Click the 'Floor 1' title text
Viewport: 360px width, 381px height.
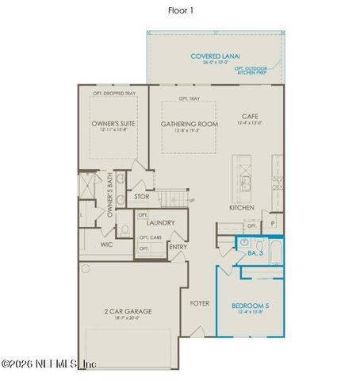pyautogui.click(x=179, y=10)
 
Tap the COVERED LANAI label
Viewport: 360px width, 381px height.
pyautogui.click(x=214, y=56)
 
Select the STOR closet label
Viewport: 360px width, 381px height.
pyautogui.click(x=142, y=196)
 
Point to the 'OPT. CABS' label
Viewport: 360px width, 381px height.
pyautogui.click(x=151, y=237)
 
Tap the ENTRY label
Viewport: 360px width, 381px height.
pyautogui.click(x=178, y=247)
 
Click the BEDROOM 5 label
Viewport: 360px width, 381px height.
pyautogui.click(x=250, y=306)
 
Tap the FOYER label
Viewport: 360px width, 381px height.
pyautogui.click(x=199, y=302)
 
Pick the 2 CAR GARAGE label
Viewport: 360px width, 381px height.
pyautogui.click(x=128, y=311)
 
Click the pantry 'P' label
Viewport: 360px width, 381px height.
pyautogui.click(x=273, y=225)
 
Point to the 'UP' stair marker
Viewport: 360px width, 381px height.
pyautogui.click(x=191, y=201)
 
